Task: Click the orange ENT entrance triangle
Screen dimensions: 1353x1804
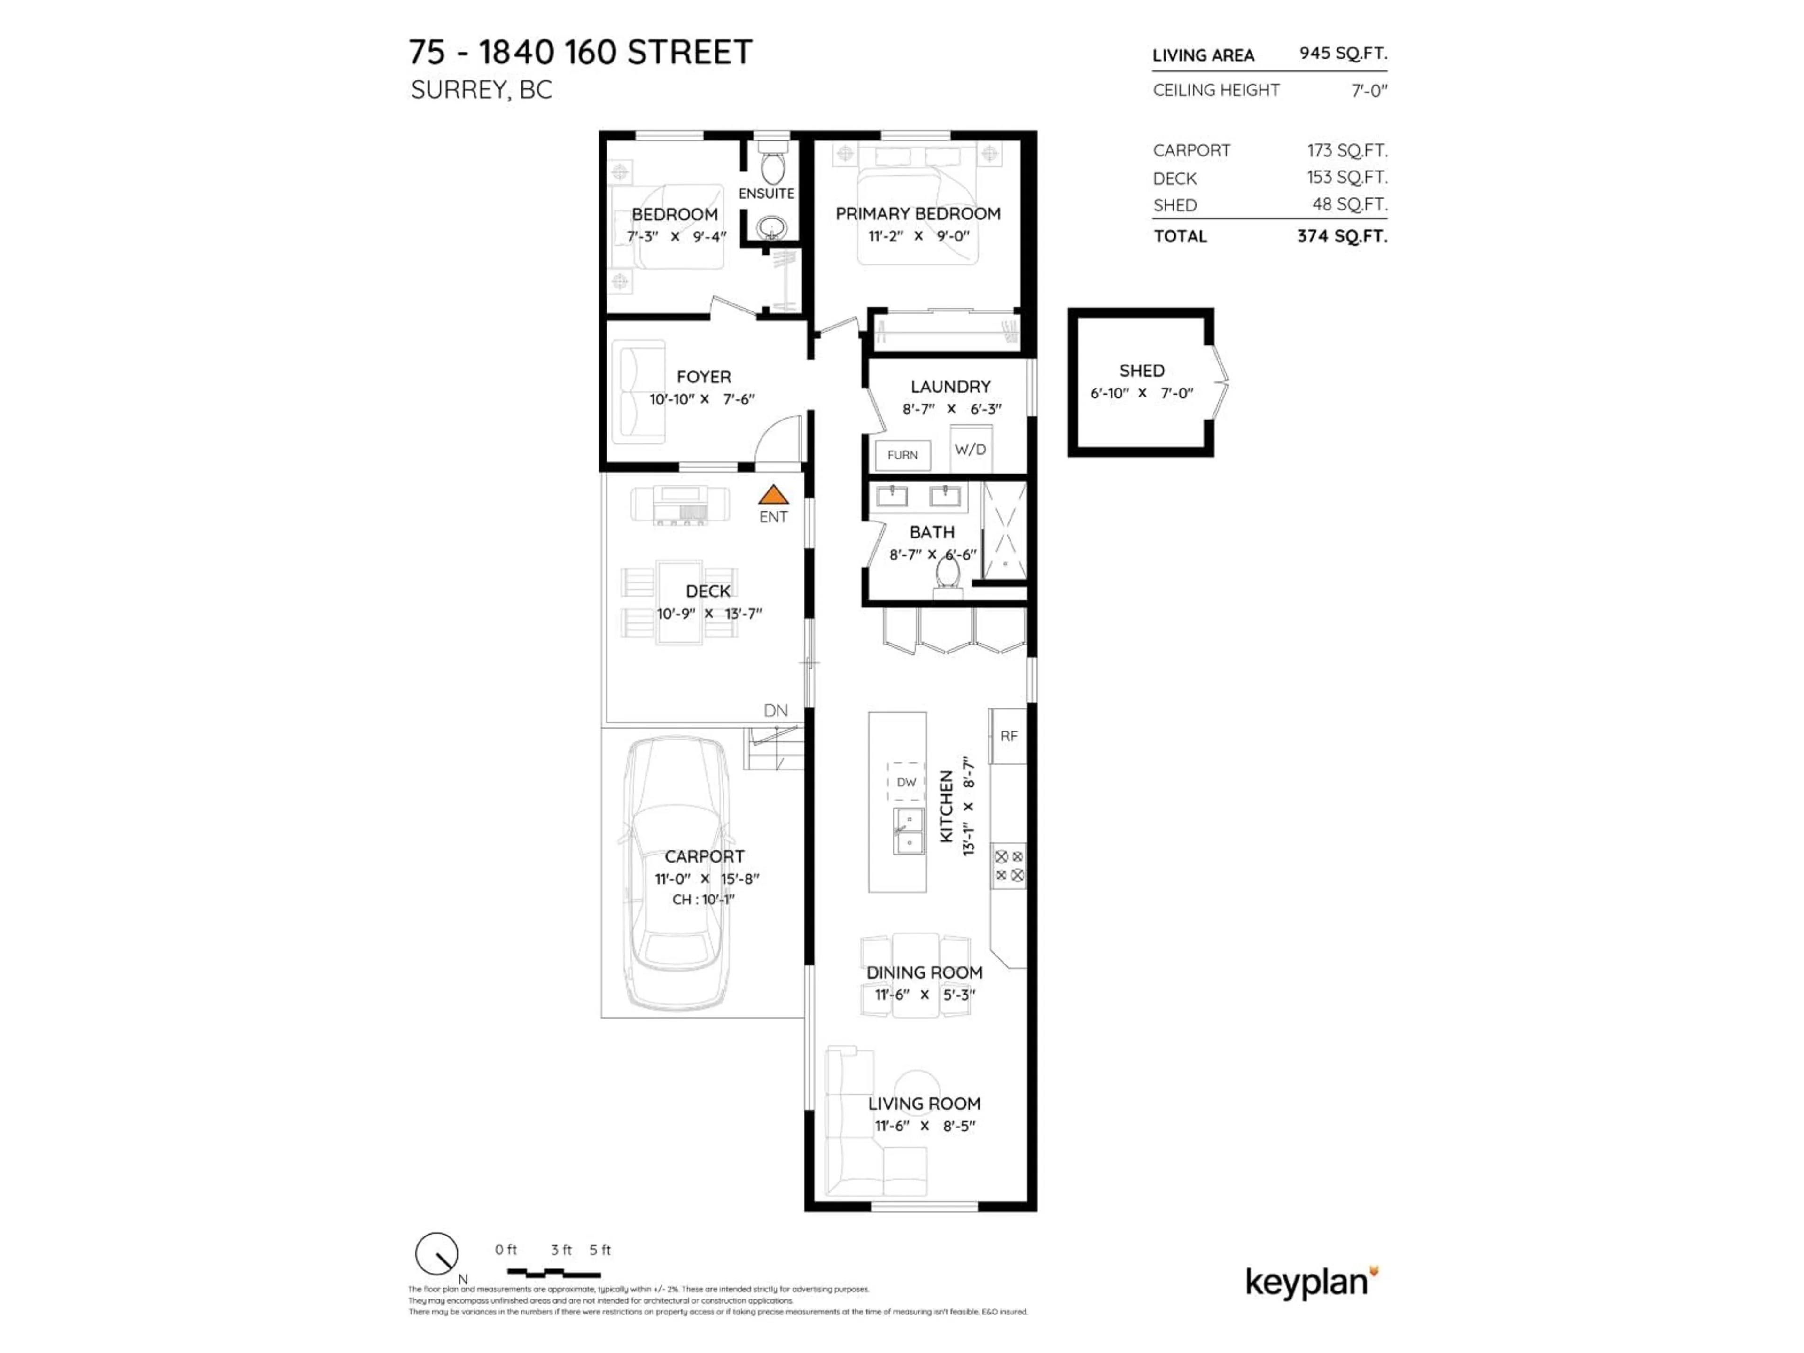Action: click(x=773, y=495)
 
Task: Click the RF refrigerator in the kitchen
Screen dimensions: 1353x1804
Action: click(x=1009, y=736)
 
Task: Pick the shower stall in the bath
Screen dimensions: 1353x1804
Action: click(x=1005, y=531)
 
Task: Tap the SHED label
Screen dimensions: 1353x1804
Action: click(x=1142, y=370)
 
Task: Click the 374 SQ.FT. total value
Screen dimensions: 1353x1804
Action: click(x=1342, y=236)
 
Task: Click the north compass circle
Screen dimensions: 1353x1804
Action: click(x=436, y=1253)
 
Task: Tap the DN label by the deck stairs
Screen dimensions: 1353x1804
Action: click(x=776, y=710)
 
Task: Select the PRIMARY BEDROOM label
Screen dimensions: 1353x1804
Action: click(x=918, y=214)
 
